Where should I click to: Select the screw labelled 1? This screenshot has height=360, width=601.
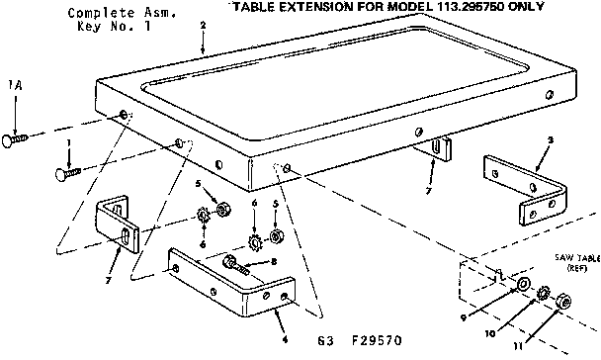pos(68,174)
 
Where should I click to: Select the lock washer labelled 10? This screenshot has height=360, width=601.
pos(544,293)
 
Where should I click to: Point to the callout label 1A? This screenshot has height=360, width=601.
pos(14,86)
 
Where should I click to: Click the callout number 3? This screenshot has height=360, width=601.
pos(549,139)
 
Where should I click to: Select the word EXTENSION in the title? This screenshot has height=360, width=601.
pos(323,7)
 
